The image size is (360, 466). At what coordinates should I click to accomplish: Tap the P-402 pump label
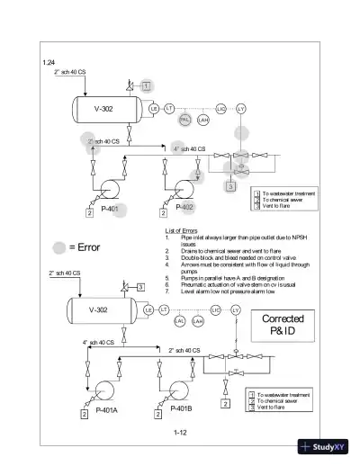185,208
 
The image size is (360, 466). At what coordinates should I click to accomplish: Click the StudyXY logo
330,450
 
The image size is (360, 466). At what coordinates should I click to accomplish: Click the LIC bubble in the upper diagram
221,109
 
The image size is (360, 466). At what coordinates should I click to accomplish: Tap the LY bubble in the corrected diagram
237,309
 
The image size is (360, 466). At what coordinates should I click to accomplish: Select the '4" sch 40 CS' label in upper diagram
189,148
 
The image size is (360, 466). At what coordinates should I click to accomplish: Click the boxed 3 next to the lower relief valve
140,287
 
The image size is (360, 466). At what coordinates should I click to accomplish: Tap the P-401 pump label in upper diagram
108,208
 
